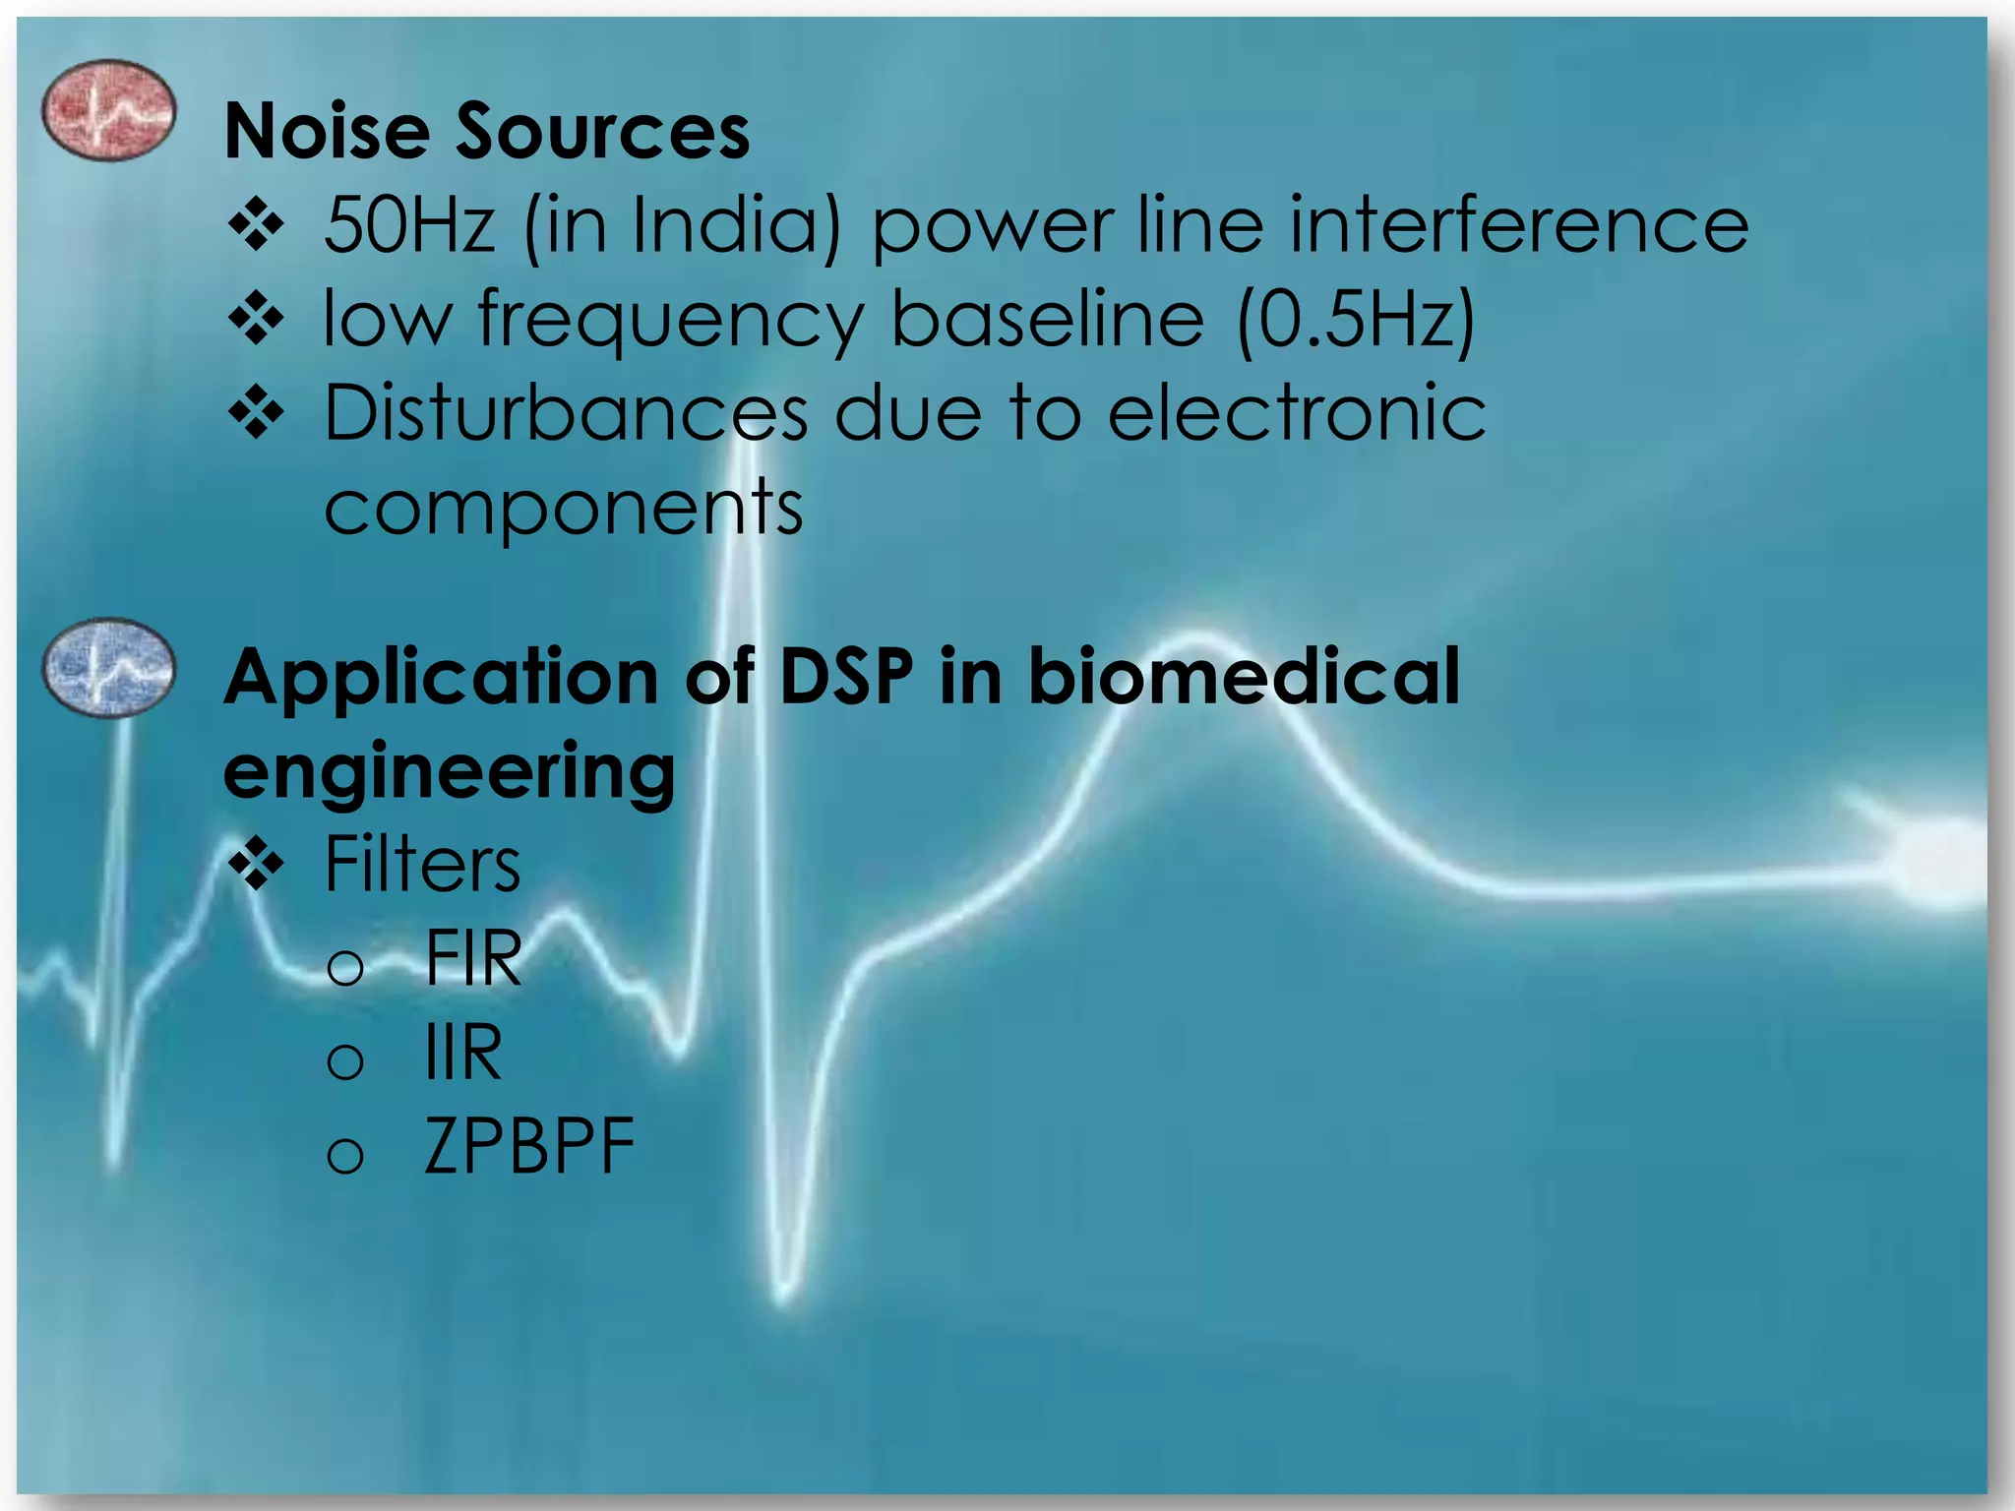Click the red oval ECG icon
[x=108, y=110]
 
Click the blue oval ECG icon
[x=108, y=668]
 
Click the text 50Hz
[x=409, y=225]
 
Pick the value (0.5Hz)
[x=1356, y=320]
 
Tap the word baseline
[x=1047, y=320]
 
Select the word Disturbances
[x=566, y=413]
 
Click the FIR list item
[x=473, y=958]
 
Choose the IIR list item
[x=462, y=1053]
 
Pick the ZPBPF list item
[x=529, y=1147]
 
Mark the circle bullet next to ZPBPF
[x=345, y=1154]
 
